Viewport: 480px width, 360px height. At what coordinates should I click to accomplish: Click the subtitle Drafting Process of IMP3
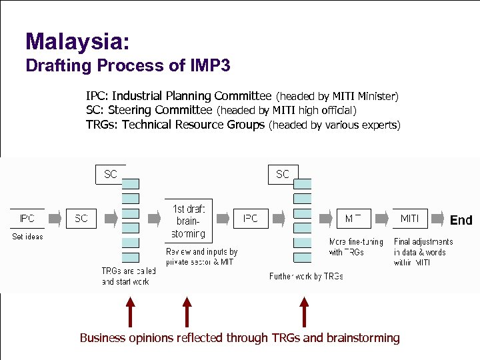(127, 65)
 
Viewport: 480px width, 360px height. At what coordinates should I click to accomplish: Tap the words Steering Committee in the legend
(160, 110)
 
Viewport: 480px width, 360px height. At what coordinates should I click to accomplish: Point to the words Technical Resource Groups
(193, 125)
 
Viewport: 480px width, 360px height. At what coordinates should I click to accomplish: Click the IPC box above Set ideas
(27, 219)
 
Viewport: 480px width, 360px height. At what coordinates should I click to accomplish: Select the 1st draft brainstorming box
(189, 221)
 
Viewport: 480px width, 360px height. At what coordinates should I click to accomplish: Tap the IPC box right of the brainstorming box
(251, 219)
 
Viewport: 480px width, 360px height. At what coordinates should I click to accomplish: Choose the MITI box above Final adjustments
(409, 219)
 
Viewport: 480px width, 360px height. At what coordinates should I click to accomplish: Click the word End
(461, 220)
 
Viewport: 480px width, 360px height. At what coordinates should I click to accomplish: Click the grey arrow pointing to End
(437, 219)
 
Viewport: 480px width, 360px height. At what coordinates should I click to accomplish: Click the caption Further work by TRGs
(306, 276)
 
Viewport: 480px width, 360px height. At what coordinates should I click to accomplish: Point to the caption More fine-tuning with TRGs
(356, 247)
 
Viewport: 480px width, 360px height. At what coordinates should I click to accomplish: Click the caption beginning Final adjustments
(423, 252)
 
